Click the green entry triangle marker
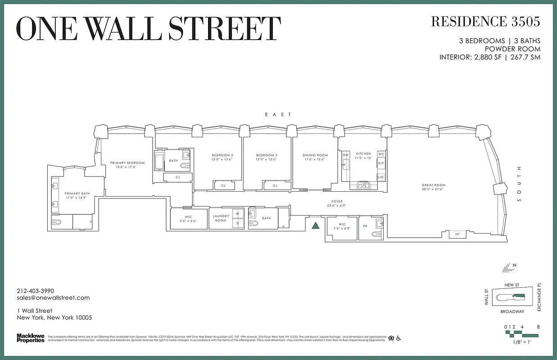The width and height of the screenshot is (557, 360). click(x=316, y=226)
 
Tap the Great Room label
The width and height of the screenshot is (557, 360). click(x=433, y=185)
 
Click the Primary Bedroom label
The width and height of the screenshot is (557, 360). click(x=127, y=162)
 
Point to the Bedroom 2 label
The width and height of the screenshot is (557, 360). click(x=222, y=155)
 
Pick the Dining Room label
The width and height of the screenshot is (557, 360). click(x=315, y=155)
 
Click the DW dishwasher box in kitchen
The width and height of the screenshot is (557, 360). click(x=346, y=155)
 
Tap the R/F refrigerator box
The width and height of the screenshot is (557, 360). click(x=381, y=163)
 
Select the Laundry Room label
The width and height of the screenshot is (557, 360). click(x=221, y=218)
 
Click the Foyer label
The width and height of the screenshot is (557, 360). click(x=337, y=202)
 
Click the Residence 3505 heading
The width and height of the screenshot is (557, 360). click(x=485, y=21)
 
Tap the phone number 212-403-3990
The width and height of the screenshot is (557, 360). click(x=36, y=291)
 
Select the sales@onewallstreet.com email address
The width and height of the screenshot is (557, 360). click(x=53, y=298)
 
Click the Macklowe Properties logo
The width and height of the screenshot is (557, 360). click(x=31, y=337)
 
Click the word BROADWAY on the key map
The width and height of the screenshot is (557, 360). click(x=512, y=311)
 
